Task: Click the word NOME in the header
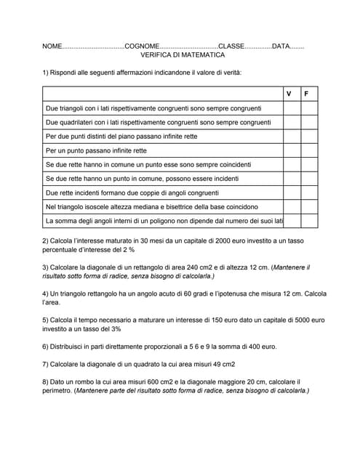tap(52, 46)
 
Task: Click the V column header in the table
tap(289, 94)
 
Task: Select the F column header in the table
tap(307, 94)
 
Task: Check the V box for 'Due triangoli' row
tap(292, 108)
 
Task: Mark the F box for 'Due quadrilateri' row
tap(309, 122)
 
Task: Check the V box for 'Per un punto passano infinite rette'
tap(292, 150)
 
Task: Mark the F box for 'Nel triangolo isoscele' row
tap(309, 206)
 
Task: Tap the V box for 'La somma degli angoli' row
tap(292, 221)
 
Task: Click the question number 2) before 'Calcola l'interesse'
tap(46, 240)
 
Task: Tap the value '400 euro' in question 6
tap(261, 347)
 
